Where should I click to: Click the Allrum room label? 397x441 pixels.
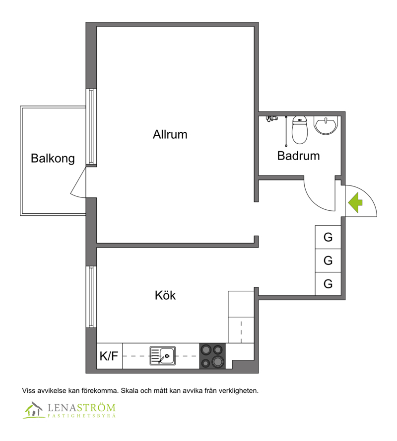coord(170,134)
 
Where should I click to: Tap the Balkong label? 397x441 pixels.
coord(53,158)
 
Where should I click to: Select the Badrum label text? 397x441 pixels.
coord(298,156)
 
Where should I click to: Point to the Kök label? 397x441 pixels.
coord(165,295)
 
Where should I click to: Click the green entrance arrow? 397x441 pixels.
coord(355,202)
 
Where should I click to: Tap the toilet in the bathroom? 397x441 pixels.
coord(300,130)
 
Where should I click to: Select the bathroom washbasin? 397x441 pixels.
coord(326,125)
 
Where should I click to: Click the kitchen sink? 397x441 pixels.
coord(163,356)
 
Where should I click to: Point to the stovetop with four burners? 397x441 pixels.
coord(212,356)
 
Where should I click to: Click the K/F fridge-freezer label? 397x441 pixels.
coord(109,356)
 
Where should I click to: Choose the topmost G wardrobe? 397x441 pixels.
coord(328,237)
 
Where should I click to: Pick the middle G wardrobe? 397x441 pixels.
coord(328,261)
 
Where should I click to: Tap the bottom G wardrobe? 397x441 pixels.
coord(328,284)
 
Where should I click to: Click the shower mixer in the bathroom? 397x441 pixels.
coord(271,118)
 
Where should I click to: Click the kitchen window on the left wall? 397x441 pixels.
coord(91,297)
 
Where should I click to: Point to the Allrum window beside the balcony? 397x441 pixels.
coord(91,127)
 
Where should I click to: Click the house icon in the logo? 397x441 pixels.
coord(33,410)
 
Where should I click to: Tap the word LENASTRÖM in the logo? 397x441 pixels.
coord(81,408)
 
